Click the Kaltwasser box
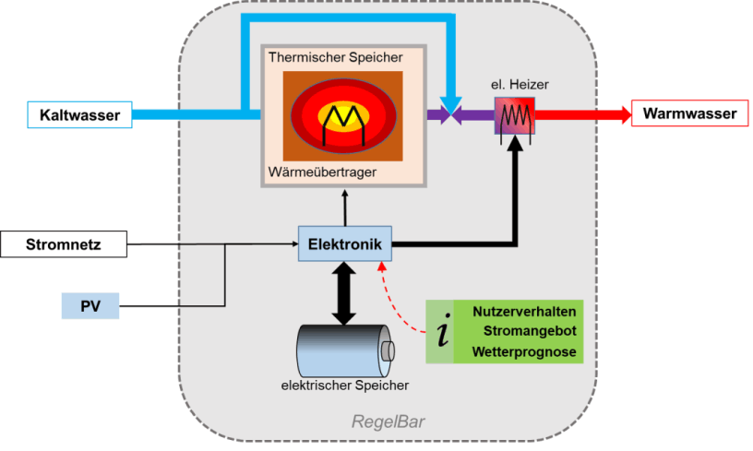[79, 114]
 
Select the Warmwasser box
[689, 113]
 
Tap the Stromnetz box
[64, 244]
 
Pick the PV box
[90, 305]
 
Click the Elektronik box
[345, 243]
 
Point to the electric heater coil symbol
[515, 116]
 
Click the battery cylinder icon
[345, 350]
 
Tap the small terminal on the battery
[388, 351]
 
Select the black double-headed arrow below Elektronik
[344, 293]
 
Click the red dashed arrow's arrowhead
[382, 267]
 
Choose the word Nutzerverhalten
[524, 312]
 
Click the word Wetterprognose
[524, 351]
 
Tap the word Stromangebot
[530, 331]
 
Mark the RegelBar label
[388, 421]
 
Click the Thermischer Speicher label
[336, 57]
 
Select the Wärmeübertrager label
[322, 172]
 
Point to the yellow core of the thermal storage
[344, 115]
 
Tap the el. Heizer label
[520, 85]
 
